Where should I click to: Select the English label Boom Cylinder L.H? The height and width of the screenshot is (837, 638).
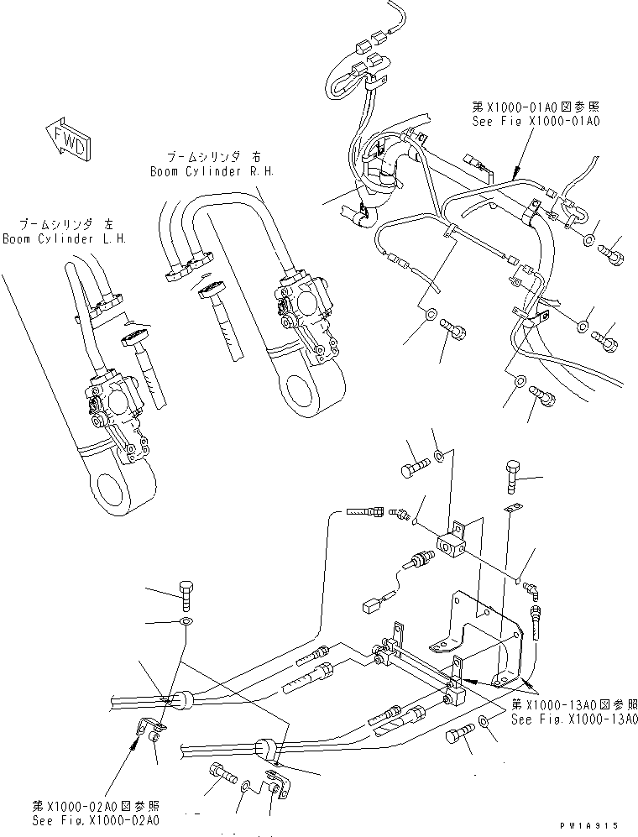[64, 238]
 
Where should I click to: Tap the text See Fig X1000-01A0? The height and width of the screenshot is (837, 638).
[537, 122]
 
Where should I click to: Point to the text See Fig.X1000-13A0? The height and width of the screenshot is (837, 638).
[574, 719]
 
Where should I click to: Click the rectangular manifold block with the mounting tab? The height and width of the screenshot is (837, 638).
[445, 542]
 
